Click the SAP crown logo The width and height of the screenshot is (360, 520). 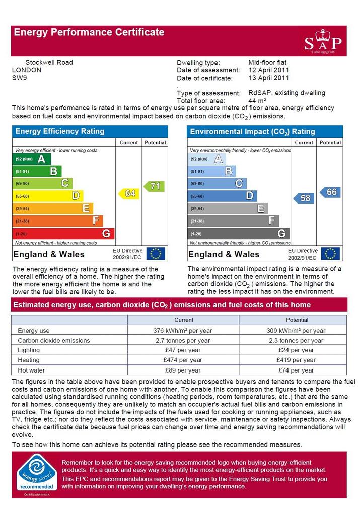tap(323, 42)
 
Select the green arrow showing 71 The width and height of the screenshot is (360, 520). tap(154, 186)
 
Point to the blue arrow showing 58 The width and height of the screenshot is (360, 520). tap(304, 198)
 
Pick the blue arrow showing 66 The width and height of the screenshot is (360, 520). tap(330, 192)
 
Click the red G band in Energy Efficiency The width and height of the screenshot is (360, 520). tap(63, 234)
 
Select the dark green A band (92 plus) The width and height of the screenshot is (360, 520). tap(32, 159)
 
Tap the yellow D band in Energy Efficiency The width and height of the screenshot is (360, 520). tap(48, 196)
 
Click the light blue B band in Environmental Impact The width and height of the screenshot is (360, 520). tap(211, 171)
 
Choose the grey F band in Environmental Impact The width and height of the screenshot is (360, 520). tap(233, 221)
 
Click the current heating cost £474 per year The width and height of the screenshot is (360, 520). tap(182, 360)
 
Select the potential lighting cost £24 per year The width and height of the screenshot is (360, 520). tap(296, 350)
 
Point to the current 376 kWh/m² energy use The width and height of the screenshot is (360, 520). tap(182, 331)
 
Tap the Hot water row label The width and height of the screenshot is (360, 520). tap(31, 370)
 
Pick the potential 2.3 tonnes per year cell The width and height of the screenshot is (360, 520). tap(296, 341)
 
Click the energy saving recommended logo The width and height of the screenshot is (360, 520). tap(37, 474)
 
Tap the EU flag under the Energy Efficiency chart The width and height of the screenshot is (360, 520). tap(156, 254)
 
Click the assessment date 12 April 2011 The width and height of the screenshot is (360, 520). tap(269, 70)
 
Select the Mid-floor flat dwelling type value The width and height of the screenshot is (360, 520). tap(267, 62)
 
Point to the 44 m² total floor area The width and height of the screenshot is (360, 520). tap(257, 101)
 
